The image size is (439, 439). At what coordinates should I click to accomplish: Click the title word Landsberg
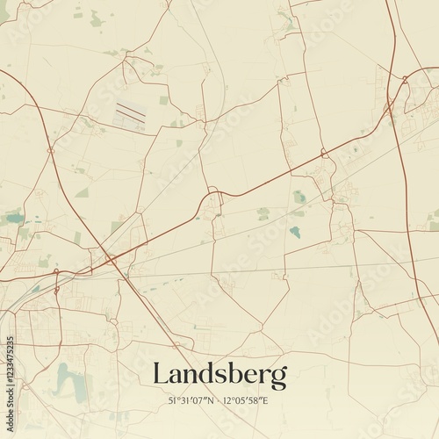click(x=219, y=375)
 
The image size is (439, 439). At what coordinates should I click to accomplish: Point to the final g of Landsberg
click(x=278, y=378)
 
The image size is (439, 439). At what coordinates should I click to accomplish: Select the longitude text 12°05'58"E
click(x=247, y=399)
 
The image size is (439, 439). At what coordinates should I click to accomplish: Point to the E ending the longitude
click(x=267, y=399)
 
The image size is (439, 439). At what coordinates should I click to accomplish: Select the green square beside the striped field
click(x=163, y=100)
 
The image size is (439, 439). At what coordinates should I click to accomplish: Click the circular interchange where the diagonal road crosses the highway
click(x=111, y=259)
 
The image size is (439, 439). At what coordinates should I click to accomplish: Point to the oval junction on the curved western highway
click(x=50, y=151)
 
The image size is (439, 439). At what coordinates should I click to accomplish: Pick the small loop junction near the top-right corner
click(x=405, y=81)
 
